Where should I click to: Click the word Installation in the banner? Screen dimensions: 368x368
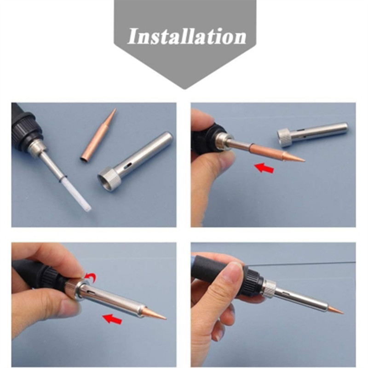tap(187, 37)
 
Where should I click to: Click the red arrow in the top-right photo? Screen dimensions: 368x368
tap(264, 168)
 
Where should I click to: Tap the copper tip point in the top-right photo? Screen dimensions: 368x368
tap(305, 161)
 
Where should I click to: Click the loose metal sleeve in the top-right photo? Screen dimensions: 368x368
tap(312, 134)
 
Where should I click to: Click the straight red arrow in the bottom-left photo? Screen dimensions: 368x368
tap(112, 319)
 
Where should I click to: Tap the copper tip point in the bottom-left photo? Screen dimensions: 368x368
tap(166, 319)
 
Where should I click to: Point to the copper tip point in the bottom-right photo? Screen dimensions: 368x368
tap(342, 312)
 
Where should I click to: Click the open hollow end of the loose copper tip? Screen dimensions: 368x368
tap(84, 160)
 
